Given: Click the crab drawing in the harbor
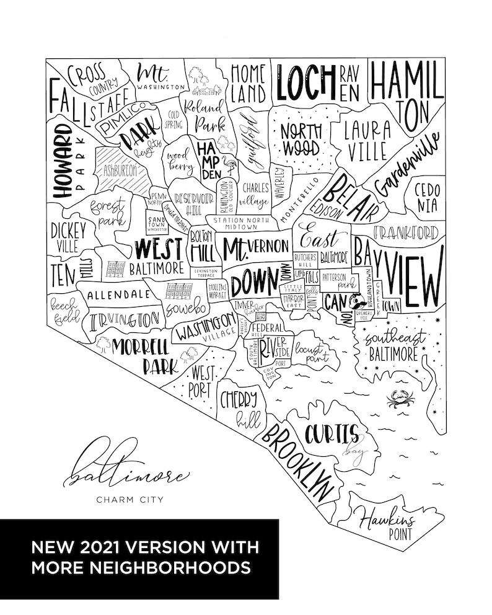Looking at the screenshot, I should point(397,400).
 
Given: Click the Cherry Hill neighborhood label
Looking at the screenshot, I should point(241,409).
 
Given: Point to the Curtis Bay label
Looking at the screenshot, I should point(340,437).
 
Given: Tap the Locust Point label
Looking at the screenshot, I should point(314,353).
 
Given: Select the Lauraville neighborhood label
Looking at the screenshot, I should point(367,140).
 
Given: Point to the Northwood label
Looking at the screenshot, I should point(301,139).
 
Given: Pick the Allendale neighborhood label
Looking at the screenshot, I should point(119,294).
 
